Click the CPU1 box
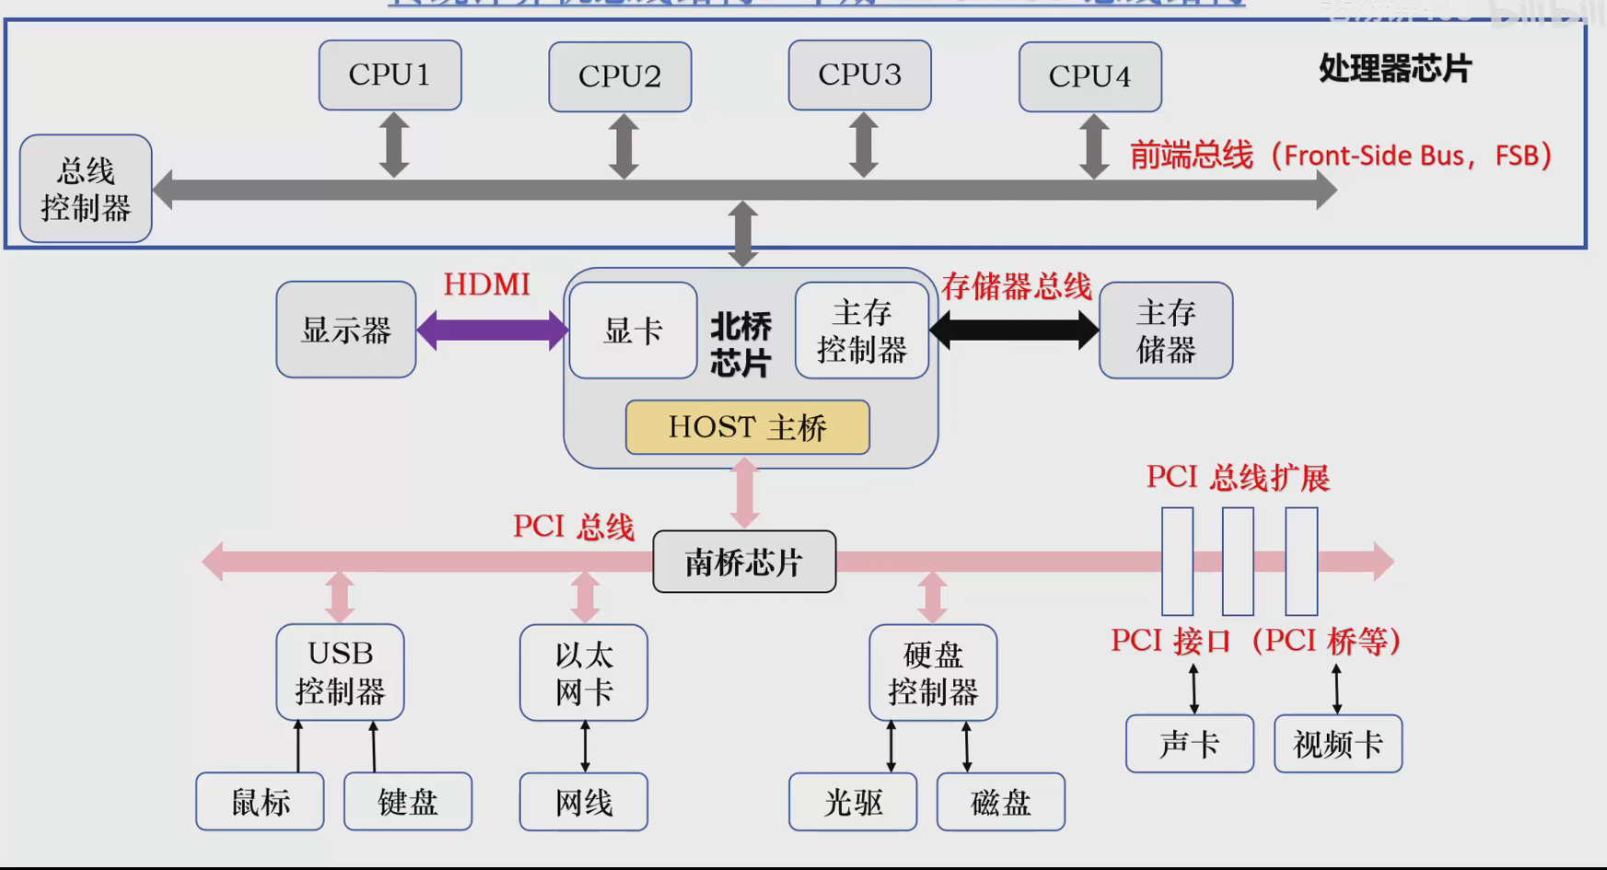(390, 75)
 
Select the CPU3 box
(859, 75)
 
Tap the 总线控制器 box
(86, 189)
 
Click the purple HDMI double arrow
(493, 331)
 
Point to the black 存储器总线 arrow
(1014, 331)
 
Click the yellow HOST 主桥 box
(747, 427)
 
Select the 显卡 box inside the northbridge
(633, 331)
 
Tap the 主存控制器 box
(862, 331)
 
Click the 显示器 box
(346, 330)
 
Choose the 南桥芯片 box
(744, 562)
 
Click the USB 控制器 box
(340, 672)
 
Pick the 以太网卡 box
(584, 673)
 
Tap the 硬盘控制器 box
(933, 673)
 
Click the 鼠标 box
(260, 802)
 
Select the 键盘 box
(408, 802)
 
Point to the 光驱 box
(853, 802)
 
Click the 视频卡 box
(1338, 744)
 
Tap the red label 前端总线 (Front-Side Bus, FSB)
(1340, 156)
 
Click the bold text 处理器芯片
(1394, 69)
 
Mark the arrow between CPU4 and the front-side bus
(1093, 145)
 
